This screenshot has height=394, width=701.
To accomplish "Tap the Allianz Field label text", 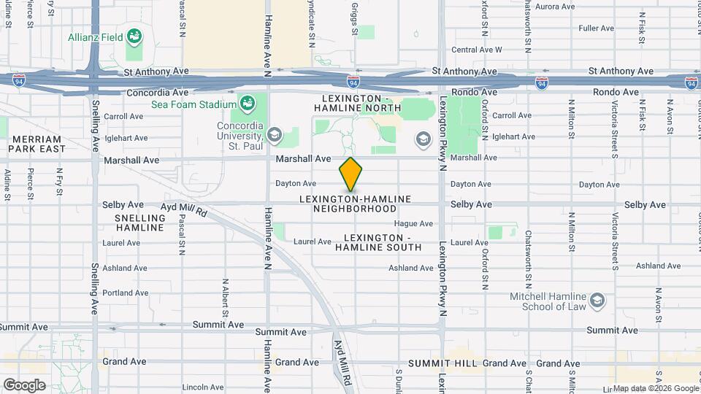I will click(96, 36).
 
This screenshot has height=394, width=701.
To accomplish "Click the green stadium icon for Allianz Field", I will click(134, 36).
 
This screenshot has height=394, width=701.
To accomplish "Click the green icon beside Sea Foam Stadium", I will click(248, 102).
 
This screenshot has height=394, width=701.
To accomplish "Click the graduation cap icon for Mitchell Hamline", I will click(597, 300).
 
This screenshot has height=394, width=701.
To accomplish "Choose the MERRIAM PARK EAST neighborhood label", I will click(37, 144).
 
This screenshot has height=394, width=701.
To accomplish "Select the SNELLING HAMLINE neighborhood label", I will click(139, 223).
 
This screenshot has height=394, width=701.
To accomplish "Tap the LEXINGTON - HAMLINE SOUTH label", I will click(378, 242).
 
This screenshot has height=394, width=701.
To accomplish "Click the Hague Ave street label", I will click(413, 224).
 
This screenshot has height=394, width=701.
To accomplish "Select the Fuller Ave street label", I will click(596, 28).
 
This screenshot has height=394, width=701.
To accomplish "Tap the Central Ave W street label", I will click(477, 50).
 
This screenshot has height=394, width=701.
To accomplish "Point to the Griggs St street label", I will click(354, 18).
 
